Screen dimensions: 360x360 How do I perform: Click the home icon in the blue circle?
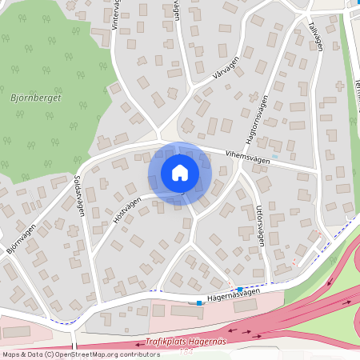click(x=179, y=173)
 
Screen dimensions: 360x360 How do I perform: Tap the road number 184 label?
click(x=187, y=351)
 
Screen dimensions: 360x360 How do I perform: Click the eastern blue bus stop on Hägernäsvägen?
click(x=240, y=289)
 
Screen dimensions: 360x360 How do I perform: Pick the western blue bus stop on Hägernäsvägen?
click(x=199, y=302)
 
